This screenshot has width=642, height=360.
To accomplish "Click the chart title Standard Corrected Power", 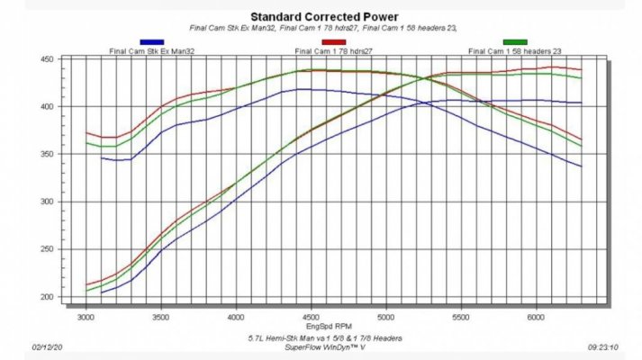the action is [x=324, y=17].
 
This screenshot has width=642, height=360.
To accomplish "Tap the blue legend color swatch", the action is [x=152, y=42].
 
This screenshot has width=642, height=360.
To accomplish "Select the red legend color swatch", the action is [x=334, y=42].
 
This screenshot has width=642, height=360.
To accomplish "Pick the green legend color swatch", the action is [x=515, y=42].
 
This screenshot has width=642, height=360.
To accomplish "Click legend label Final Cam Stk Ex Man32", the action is [x=152, y=51].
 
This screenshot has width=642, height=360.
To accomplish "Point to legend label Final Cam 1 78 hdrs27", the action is [x=334, y=51].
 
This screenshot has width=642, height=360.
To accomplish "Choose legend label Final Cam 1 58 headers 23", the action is [x=515, y=51].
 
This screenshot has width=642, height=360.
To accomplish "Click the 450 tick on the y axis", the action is [x=47, y=59].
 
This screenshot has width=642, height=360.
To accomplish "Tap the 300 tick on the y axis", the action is [x=47, y=202].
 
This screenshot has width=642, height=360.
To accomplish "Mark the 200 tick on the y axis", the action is [x=47, y=297].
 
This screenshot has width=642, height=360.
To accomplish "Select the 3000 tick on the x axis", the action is [x=86, y=318].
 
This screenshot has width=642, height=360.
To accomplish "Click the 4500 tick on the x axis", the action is [x=311, y=318].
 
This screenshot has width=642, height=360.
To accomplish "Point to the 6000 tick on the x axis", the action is [x=536, y=318].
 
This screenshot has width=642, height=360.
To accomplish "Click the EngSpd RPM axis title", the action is [x=329, y=326].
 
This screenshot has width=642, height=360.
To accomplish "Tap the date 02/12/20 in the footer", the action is [x=47, y=347].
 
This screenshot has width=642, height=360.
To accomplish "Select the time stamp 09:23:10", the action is [x=603, y=347].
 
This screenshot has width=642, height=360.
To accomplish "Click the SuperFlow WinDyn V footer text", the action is [x=325, y=347].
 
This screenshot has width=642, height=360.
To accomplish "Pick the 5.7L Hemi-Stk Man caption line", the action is [x=325, y=338].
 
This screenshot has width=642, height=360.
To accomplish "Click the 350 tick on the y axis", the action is [x=47, y=154].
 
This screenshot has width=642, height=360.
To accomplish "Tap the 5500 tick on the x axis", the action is [x=461, y=318].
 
